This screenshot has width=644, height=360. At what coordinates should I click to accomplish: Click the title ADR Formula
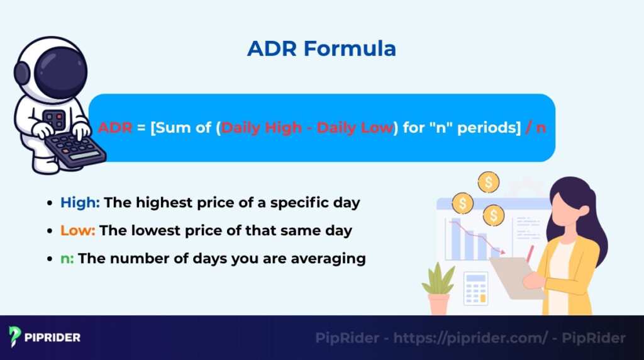[x=321, y=48]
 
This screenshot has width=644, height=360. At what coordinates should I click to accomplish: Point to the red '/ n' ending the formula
[x=535, y=128]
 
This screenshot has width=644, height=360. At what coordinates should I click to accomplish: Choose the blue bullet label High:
[x=80, y=203]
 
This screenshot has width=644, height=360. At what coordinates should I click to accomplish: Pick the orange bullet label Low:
[x=77, y=230]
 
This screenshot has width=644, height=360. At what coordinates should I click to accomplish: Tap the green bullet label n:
[x=67, y=258]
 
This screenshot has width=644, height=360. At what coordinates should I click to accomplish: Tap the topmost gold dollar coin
[x=488, y=183]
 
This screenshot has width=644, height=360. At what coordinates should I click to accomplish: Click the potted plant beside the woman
[x=438, y=290]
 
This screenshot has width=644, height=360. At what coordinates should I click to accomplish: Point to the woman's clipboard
[x=513, y=277]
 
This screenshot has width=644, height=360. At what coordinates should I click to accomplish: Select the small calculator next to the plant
[x=475, y=288]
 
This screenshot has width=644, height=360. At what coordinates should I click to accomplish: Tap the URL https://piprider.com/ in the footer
[x=470, y=338]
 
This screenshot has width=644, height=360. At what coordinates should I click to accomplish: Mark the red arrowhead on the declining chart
[x=502, y=252]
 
